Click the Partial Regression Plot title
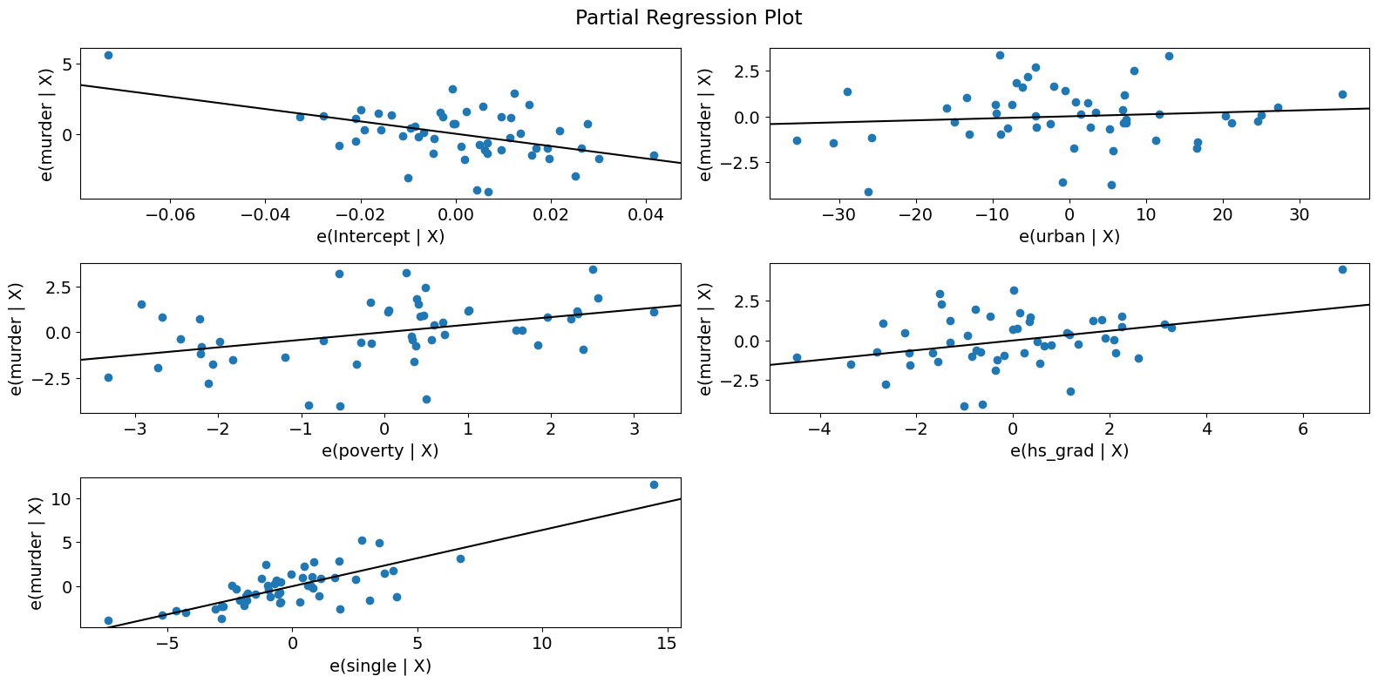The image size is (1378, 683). [x=689, y=17]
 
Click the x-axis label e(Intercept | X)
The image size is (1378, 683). [x=381, y=236]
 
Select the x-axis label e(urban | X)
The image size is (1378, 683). [x=1069, y=236]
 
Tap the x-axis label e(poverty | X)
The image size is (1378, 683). [x=381, y=450]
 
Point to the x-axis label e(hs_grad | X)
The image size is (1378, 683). [x=1069, y=450]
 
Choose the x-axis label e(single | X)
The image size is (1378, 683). [x=381, y=666]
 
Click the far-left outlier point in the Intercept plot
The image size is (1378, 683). [x=108, y=55]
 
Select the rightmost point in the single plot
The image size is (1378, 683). [x=654, y=484]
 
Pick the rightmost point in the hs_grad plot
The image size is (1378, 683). [x=1342, y=269]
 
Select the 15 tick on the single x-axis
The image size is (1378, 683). [x=667, y=644]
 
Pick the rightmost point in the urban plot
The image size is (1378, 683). [x=1342, y=94]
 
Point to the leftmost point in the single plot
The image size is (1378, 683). [x=108, y=620]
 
